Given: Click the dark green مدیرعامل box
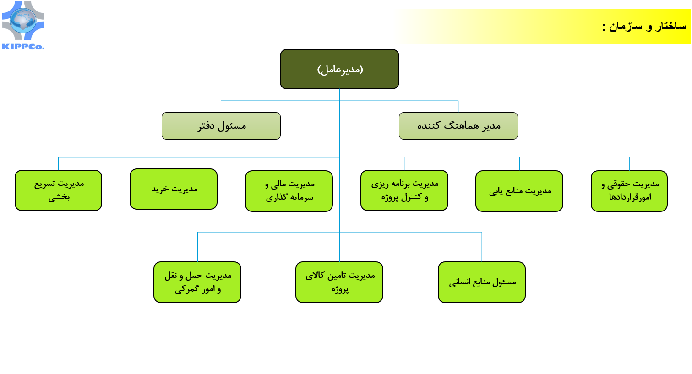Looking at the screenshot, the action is [x=339, y=69].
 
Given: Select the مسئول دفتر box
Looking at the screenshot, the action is [x=221, y=126].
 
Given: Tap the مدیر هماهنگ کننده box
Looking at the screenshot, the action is [x=458, y=126].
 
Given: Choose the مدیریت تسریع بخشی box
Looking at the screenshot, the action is [x=58, y=190].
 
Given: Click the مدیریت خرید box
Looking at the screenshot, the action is [x=174, y=189].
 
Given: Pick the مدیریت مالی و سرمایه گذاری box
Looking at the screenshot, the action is [x=289, y=191].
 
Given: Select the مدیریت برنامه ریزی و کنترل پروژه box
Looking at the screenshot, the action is [x=404, y=190].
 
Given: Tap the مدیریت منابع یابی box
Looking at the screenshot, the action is [x=519, y=191].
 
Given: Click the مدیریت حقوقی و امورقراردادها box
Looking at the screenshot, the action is [x=629, y=191].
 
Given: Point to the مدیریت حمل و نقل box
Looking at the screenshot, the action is [x=197, y=282].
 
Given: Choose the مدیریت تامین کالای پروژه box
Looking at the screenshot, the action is [x=339, y=282].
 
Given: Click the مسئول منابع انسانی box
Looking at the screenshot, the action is [x=482, y=282].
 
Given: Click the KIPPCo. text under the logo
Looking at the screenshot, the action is [x=23, y=47].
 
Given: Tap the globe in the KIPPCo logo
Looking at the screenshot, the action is [x=23, y=21].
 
